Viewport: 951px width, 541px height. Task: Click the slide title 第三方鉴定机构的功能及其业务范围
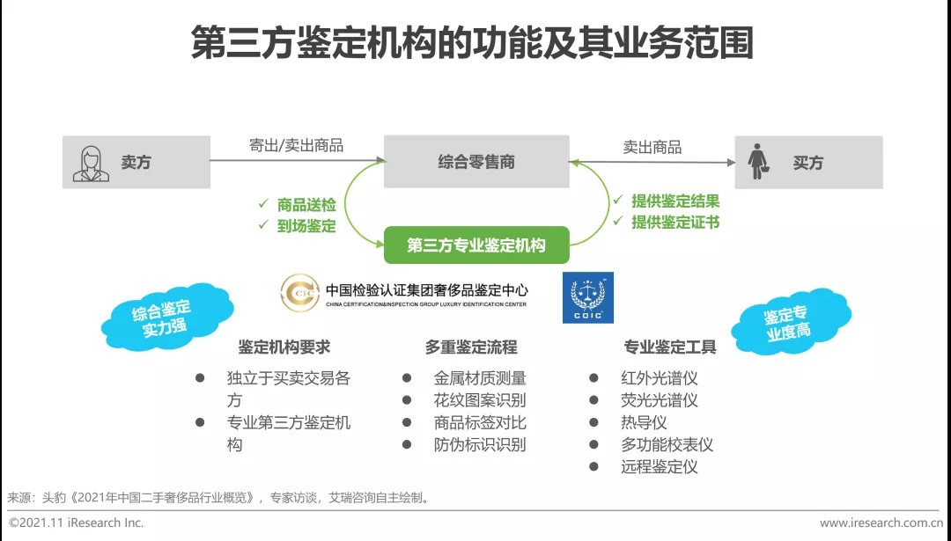click(x=473, y=43)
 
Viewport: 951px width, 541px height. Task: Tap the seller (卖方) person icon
click(x=92, y=163)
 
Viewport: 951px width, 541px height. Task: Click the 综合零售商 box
click(x=476, y=162)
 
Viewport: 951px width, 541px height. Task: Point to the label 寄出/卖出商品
click(x=296, y=146)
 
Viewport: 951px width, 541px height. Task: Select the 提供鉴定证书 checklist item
click(x=675, y=223)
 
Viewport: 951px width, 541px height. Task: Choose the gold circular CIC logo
click(x=300, y=294)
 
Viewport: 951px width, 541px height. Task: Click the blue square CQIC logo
click(x=588, y=297)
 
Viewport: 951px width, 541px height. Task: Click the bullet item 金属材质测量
click(x=480, y=378)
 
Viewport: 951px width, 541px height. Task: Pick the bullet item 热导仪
click(x=644, y=422)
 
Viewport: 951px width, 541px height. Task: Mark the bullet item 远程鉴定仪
click(x=659, y=466)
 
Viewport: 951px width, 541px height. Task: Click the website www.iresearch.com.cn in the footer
click(x=881, y=523)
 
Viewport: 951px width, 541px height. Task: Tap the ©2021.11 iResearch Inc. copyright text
click(x=77, y=523)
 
